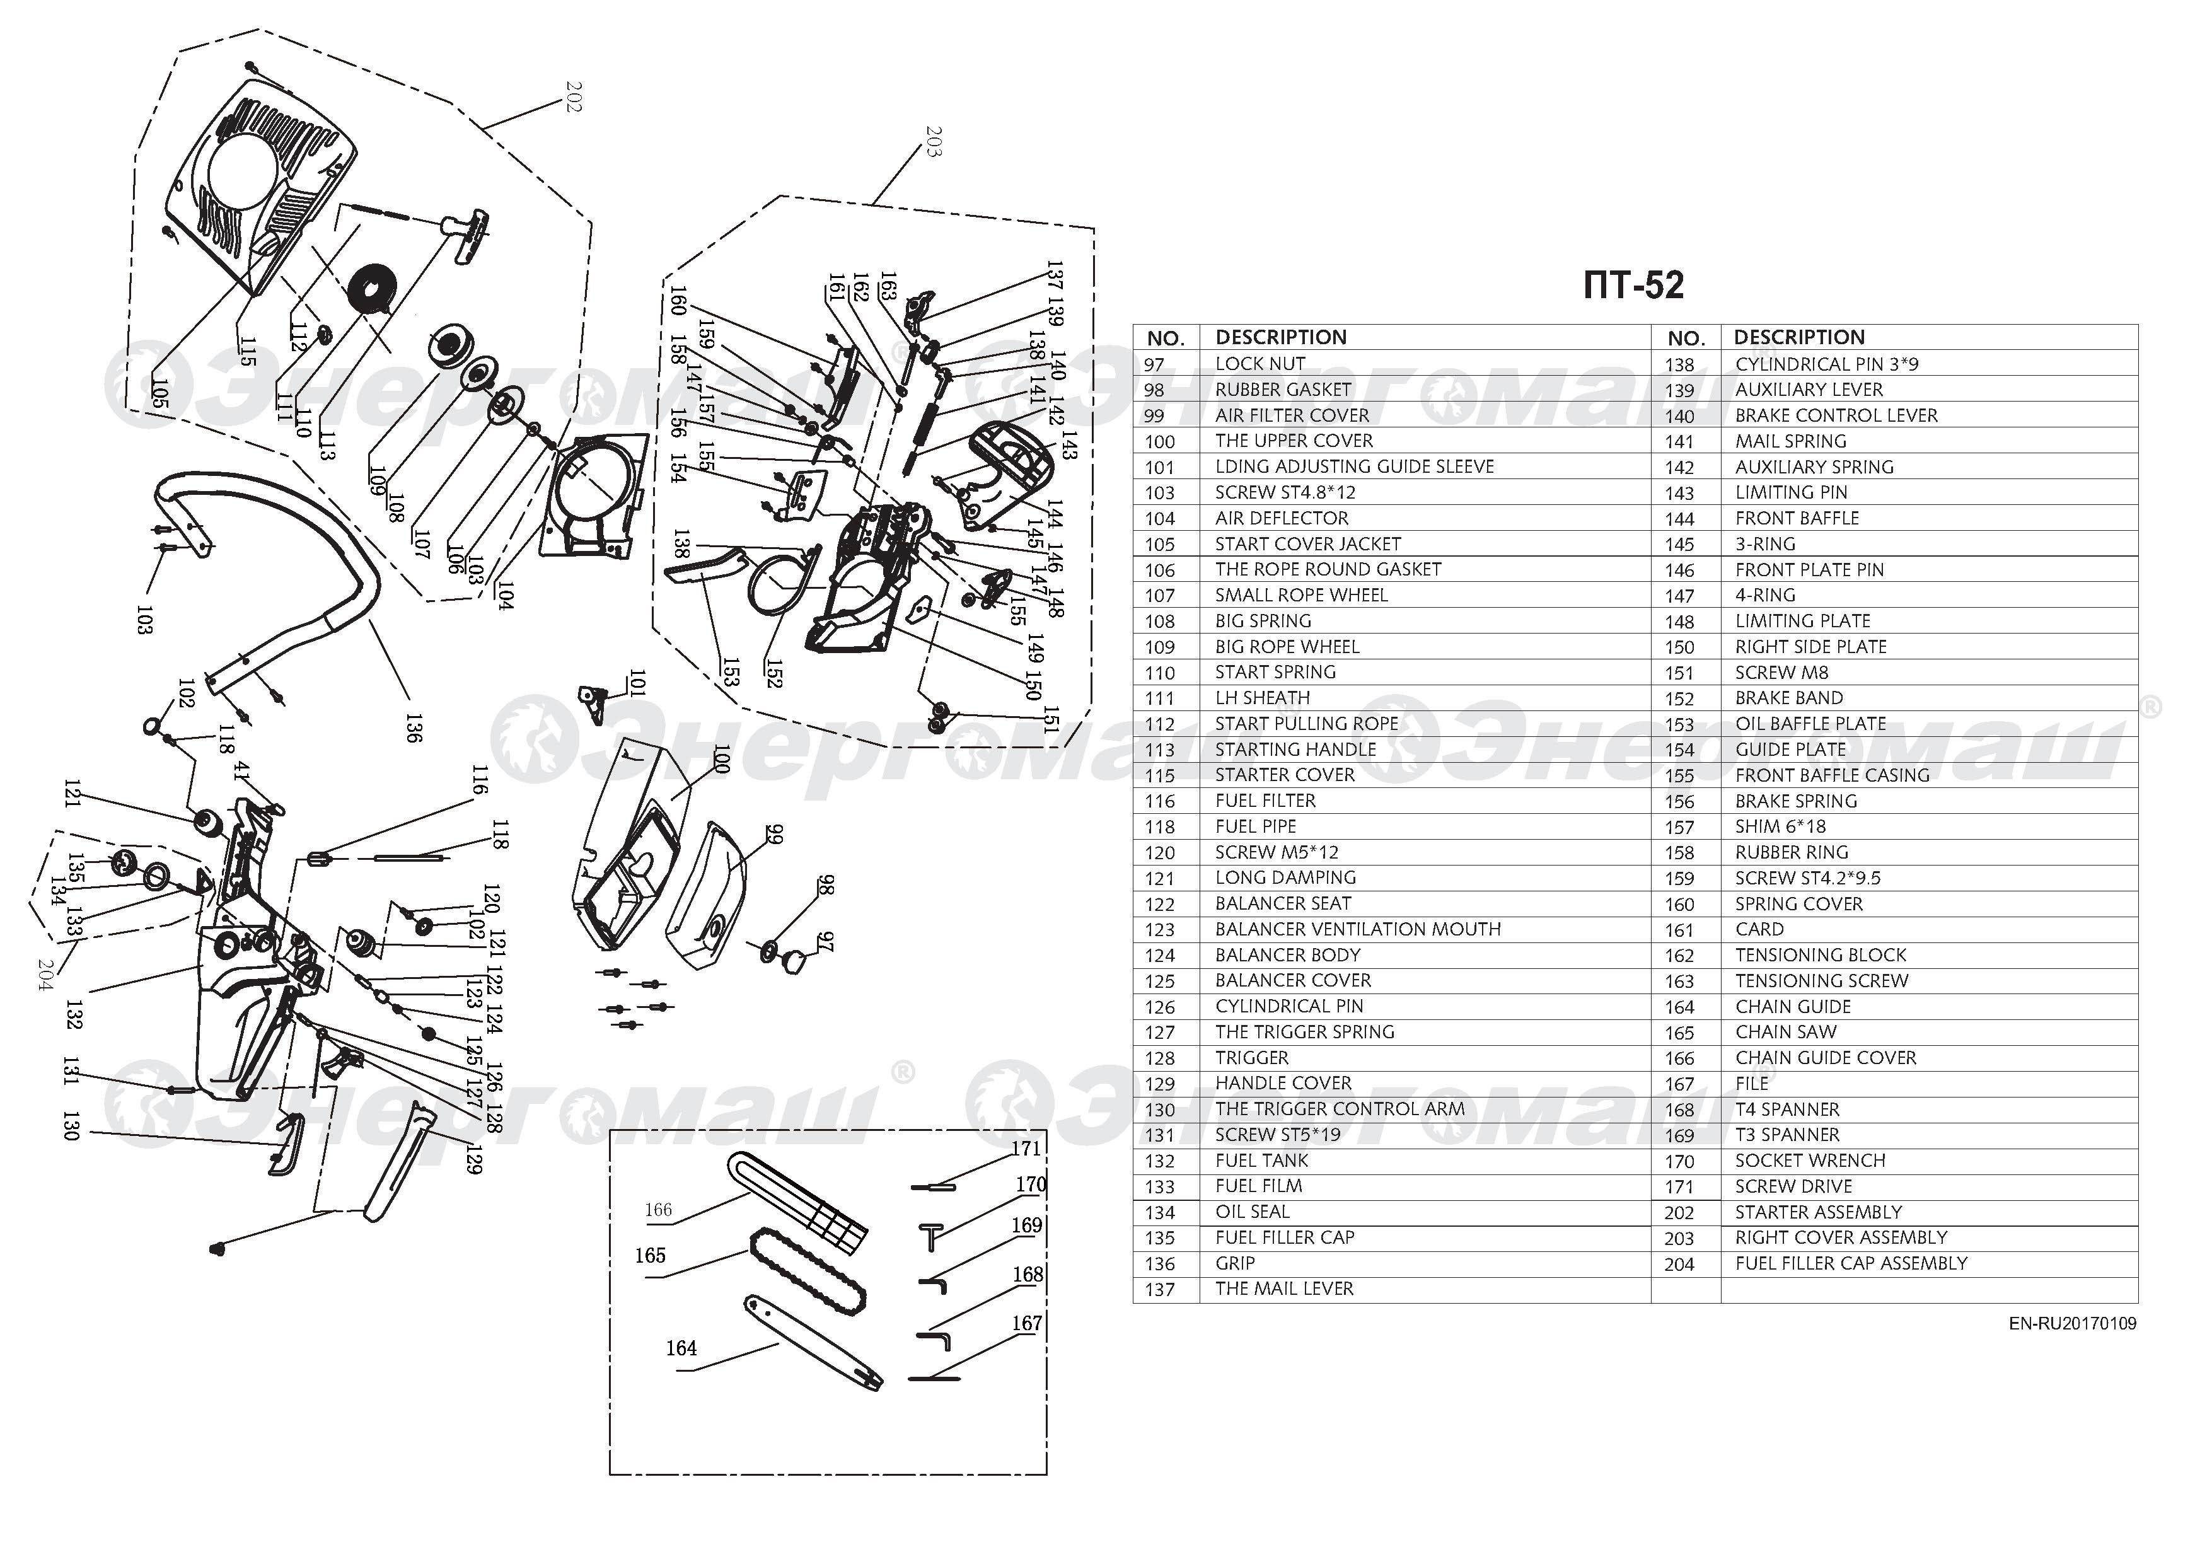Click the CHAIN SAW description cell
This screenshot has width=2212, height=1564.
[1785, 1032]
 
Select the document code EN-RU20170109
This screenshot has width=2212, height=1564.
[2071, 1324]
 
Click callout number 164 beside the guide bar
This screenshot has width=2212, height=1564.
[681, 1349]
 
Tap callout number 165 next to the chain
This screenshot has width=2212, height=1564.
[651, 1256]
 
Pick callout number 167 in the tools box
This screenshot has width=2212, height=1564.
[1027, 1324]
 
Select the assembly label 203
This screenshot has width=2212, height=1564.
[932, 141]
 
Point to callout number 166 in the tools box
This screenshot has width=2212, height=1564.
[658, 1210]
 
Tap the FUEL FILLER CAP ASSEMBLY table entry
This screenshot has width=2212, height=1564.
[1851, 1263]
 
